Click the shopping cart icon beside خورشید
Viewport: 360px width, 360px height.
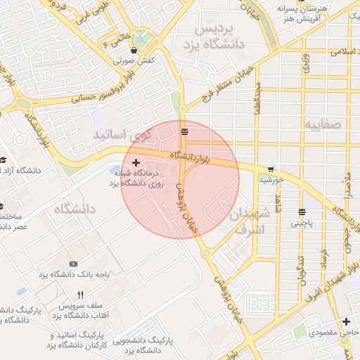point(271,169)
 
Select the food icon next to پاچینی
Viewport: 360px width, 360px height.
point(302,212)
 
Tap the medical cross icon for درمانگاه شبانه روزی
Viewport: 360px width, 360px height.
point(136,162)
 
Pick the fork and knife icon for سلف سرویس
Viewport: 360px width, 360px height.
point(80,295)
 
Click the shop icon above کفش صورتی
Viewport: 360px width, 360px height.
point(134,50)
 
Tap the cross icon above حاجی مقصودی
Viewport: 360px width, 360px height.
point(346,321)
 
